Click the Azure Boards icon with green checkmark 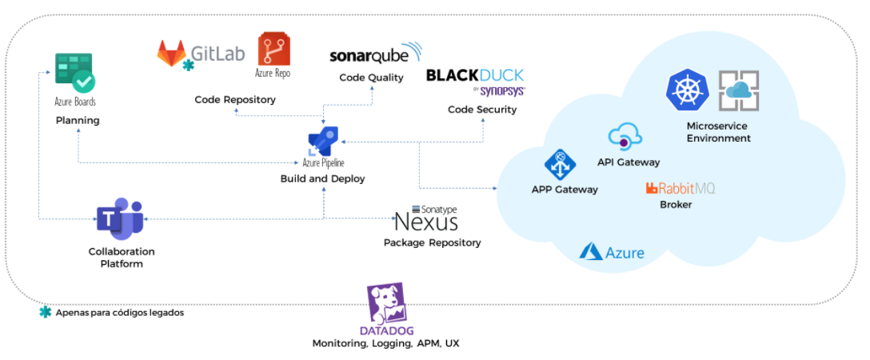[x=74, y=73]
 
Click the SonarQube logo [x=375, y=55]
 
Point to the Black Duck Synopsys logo [x=475, y=82]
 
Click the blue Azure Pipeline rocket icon [x=322, y=142]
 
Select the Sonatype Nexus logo [x=426, y=218]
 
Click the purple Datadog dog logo [x=386, y=304]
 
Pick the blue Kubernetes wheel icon [x=688, y=90]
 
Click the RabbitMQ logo [x=680, y=188]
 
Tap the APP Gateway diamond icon [x=561, y=165]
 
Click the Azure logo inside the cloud [x=612, y=252]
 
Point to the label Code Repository [x=235, y=100]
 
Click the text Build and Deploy [x=322, y=178]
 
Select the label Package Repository [x=432, y=242]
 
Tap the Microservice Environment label [x=718, y=132]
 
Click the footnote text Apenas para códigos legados [x=120, y=313]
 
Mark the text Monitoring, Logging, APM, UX [x=385, y=343]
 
